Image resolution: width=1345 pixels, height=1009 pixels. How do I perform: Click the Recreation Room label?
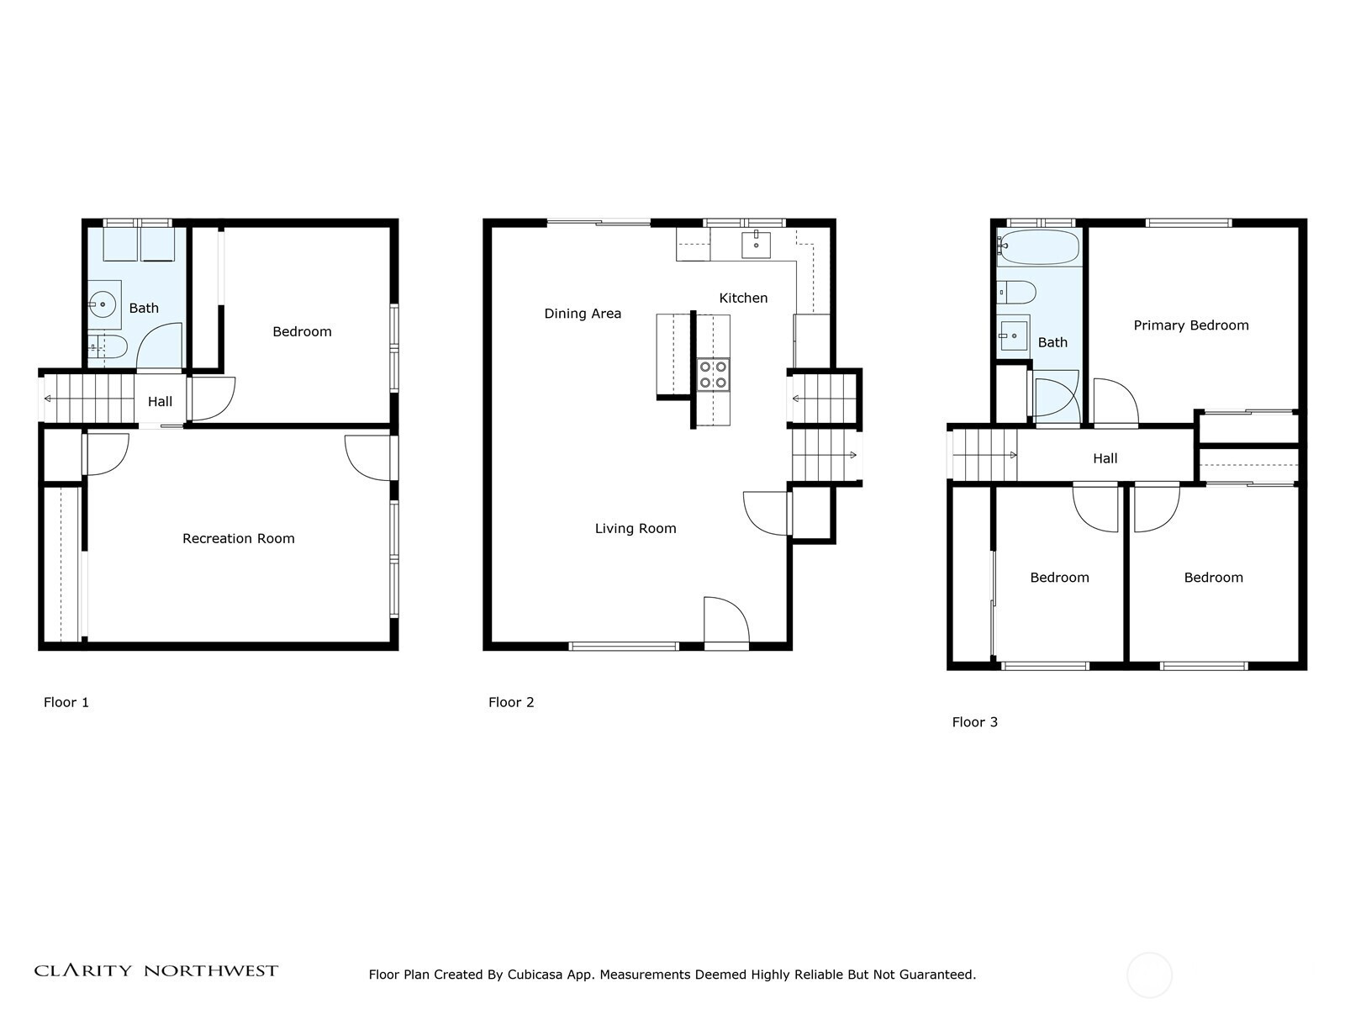239,538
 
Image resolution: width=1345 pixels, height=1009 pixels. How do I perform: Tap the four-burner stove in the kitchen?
713,375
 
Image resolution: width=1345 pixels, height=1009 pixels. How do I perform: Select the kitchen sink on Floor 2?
756,245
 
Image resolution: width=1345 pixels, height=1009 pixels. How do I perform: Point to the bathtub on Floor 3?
1039,247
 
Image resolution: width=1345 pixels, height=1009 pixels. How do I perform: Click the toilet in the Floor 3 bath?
1016,293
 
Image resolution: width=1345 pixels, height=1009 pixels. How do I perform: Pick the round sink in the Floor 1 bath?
103,304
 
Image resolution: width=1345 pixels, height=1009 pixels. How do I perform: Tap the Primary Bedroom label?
1190,325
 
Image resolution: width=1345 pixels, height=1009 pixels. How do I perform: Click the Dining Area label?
583,314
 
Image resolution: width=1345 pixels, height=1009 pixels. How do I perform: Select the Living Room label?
636,528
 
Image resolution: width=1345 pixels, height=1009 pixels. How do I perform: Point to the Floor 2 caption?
511,702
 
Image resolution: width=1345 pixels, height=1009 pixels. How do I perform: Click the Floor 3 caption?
975,721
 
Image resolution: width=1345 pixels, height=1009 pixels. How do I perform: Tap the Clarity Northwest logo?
156,970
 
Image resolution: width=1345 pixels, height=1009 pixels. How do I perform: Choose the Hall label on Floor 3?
1105,458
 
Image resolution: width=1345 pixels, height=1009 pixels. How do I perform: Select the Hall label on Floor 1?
160,401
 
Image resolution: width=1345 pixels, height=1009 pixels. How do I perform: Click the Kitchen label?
743,298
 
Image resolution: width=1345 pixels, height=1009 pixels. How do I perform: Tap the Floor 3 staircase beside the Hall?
982,455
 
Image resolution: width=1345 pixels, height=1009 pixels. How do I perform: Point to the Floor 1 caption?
66,702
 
